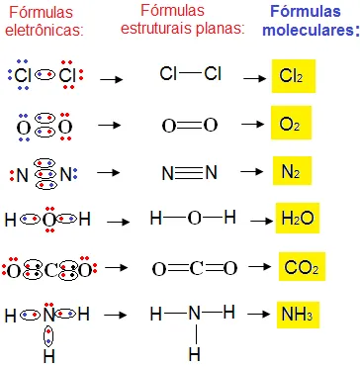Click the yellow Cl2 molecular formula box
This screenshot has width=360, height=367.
292,74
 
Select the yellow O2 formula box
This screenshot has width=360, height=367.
290,126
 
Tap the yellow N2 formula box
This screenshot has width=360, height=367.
290,172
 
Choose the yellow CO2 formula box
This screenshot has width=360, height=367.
299,267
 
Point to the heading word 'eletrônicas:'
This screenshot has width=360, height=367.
47,30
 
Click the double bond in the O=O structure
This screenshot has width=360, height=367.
189,126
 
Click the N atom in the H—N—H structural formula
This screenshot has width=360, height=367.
195,315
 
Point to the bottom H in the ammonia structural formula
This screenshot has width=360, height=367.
195,352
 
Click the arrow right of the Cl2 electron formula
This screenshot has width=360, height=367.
111,75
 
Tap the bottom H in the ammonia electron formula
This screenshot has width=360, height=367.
47,354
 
